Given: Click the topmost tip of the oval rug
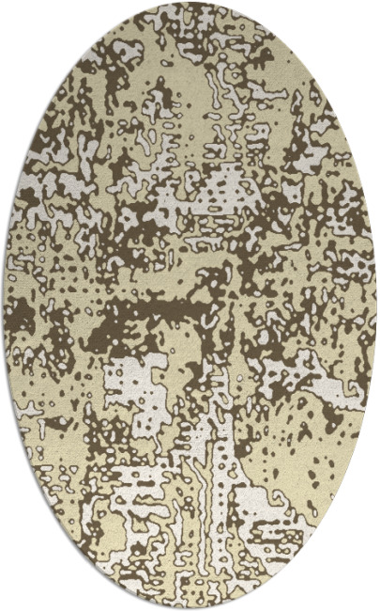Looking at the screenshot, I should click(x=190, y=4).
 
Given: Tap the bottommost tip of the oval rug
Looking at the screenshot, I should click(x=190, y=607).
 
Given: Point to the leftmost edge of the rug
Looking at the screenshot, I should click(x=4, y=305).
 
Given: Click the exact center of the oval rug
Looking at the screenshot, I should click(x=190, y=305).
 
